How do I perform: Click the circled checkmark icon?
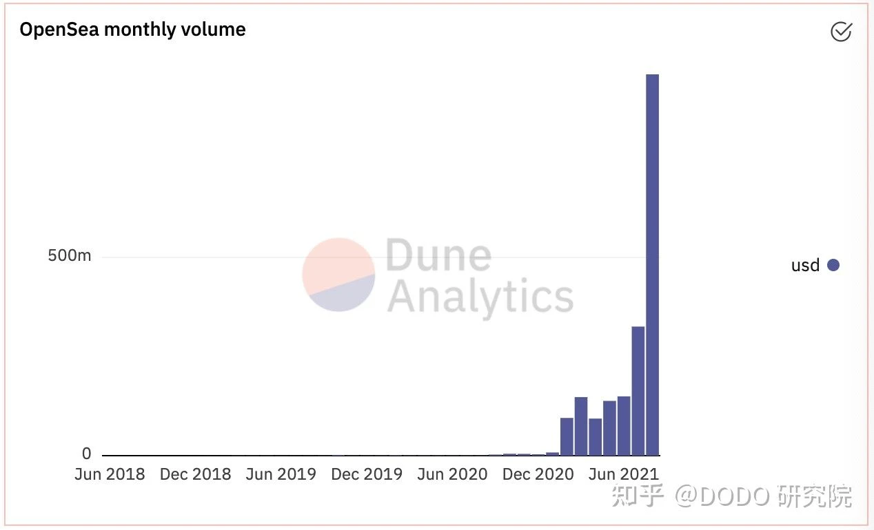coord(841,32)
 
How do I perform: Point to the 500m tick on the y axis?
coord(69,256)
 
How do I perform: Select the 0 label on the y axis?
coord(86,454)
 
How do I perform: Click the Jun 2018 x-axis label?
coord(110,474)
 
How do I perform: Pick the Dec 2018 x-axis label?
coord(195,474)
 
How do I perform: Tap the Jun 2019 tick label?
coord(281,474)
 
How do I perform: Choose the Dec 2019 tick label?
coord(366,474)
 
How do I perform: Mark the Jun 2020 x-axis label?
coord(451,474)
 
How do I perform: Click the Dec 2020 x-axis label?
coord(538,474)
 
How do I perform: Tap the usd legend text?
coord(805,266)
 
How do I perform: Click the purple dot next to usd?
coord(833,265)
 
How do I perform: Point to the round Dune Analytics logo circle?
coord(338,275)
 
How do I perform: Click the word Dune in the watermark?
coord(438,256)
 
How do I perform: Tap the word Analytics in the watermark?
coord(480,297)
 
